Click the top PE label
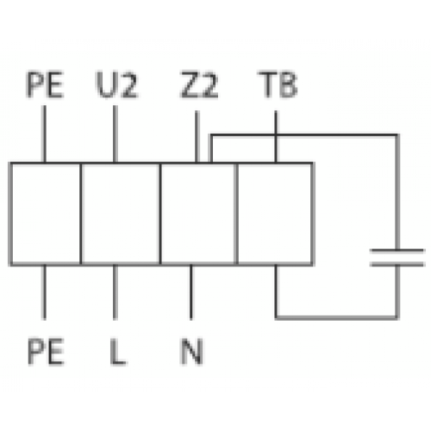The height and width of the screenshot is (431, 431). pyautogui.click(x=45, y=84)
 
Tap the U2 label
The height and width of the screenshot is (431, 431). pyautogui.click(x=117, y=84)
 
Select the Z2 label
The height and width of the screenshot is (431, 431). pyautogui.click(x=199, y=84)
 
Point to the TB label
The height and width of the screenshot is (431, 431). pyautogui.click(x=278, y=84)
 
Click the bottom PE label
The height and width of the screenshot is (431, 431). pyautogui.click(x=46, y=351)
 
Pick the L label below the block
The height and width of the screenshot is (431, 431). pyautogui.click(x=118, y=351)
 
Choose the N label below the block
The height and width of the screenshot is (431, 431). pyautogui.click(x=191, y=351)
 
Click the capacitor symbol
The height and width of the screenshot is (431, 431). pyautogui.click(x=397, y=258)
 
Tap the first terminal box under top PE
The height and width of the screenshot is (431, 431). pyautogui.click(x=46, y=214)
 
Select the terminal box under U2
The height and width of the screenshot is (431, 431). pyautogui.click(x=121, y=214)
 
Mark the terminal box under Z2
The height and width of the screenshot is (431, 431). pyautogui.click(x=198, y=214)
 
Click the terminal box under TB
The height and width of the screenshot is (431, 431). pyautogui.click(x=275, y=214)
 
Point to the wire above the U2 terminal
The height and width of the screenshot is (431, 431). pyautogui.click(x=115, y=134)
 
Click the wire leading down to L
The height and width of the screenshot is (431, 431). pyautogui.click(x=115, y=292)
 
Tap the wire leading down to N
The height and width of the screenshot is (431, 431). pyautogui.click(x=191, y=292)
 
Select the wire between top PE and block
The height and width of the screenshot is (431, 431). pyautogui.click(x=44, y=134)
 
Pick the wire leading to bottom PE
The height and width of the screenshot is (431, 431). pyautogui.click(x=44, y=292)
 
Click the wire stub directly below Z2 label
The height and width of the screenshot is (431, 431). pyautogui.click(x=197, y=137)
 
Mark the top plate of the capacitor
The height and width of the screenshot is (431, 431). pyautogui.click(x=397, y=251)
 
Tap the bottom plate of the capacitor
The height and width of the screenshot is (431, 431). pyautogui.click(x=397, y=265)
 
